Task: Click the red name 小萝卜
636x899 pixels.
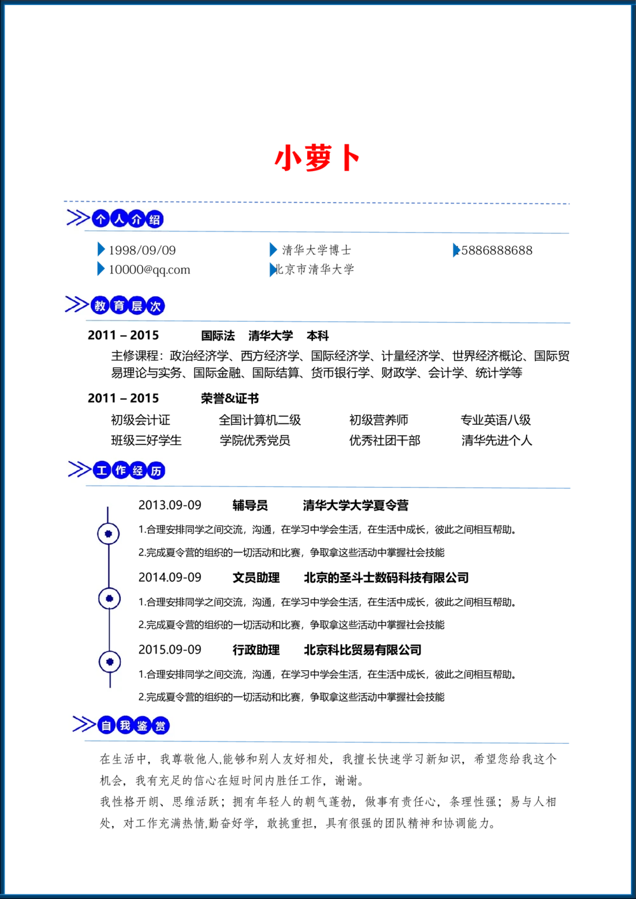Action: pyautogui.click(x=317, y=159)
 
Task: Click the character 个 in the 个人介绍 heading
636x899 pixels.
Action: pyautogui.click(x=100, y=219)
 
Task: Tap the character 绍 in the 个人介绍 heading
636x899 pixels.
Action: pyautogui.click(x=155, y=220)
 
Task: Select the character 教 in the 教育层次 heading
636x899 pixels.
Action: pyautogui.click(x=100, y=306)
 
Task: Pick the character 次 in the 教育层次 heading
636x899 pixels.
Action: pyautogui.click(x=155, y=306)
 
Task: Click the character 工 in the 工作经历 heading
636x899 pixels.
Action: pyautogui.click(x=102, y=470)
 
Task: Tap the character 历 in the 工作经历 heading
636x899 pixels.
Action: pyautogui.click(x=156, y=471)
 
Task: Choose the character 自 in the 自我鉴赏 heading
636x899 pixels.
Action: pyautogui.click(x=107, y=725)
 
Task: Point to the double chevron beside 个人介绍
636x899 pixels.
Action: pyautogui.click(x=78, y=218)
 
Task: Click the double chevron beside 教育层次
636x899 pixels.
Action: pyautogui.click(x=76, y=305)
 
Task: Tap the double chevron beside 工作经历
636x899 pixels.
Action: pyautogui.click(x=79, y=469)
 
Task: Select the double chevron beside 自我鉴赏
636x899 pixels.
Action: pyautogui.click(x=83, y=724)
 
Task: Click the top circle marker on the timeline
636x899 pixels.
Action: pyautogui.click(x=108, y=534)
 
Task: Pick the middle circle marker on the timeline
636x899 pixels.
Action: pyautogui.click(x=109, y=598)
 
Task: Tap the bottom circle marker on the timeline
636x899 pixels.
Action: pyautogui.click(x=110, y=662)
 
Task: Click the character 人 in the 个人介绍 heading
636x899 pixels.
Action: pyautogui.click(x=119, y=219)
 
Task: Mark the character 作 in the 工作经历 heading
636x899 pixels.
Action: pyautogui.click(x=120, y=470)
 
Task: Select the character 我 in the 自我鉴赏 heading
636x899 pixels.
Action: pyautogui.click(x=125, y=725)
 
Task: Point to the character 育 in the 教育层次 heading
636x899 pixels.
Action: pyautogui.click(x=119, y=306)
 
